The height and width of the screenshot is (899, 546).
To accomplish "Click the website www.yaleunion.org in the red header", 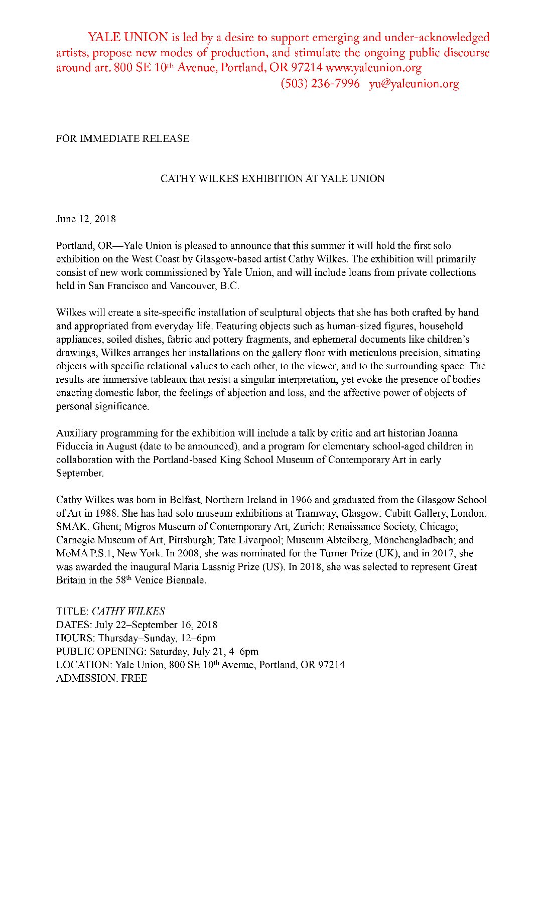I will click(373, 68).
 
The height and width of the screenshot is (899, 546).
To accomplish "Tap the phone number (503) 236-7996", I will click(320, 84).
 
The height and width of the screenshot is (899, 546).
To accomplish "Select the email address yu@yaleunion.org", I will click(414, 84).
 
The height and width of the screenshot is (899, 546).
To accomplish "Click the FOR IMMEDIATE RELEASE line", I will click(122, 138).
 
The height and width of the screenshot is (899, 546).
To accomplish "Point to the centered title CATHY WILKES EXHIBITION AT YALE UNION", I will click(272, 179).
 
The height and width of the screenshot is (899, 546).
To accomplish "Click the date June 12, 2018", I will click(86, 219).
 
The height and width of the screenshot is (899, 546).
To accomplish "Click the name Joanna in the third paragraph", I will click(442, 433).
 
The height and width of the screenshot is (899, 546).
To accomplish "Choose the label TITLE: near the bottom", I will click(72, 611).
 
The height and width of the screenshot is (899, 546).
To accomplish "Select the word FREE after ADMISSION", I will click(134, 678).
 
